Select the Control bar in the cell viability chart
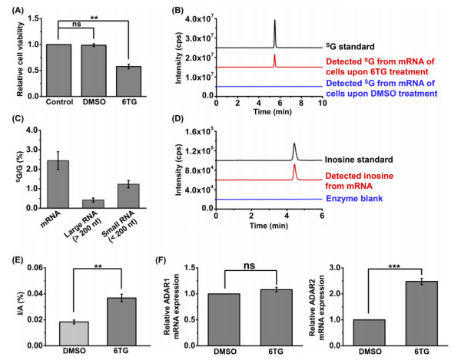click(58, 69)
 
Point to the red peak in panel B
click(274, 58)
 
